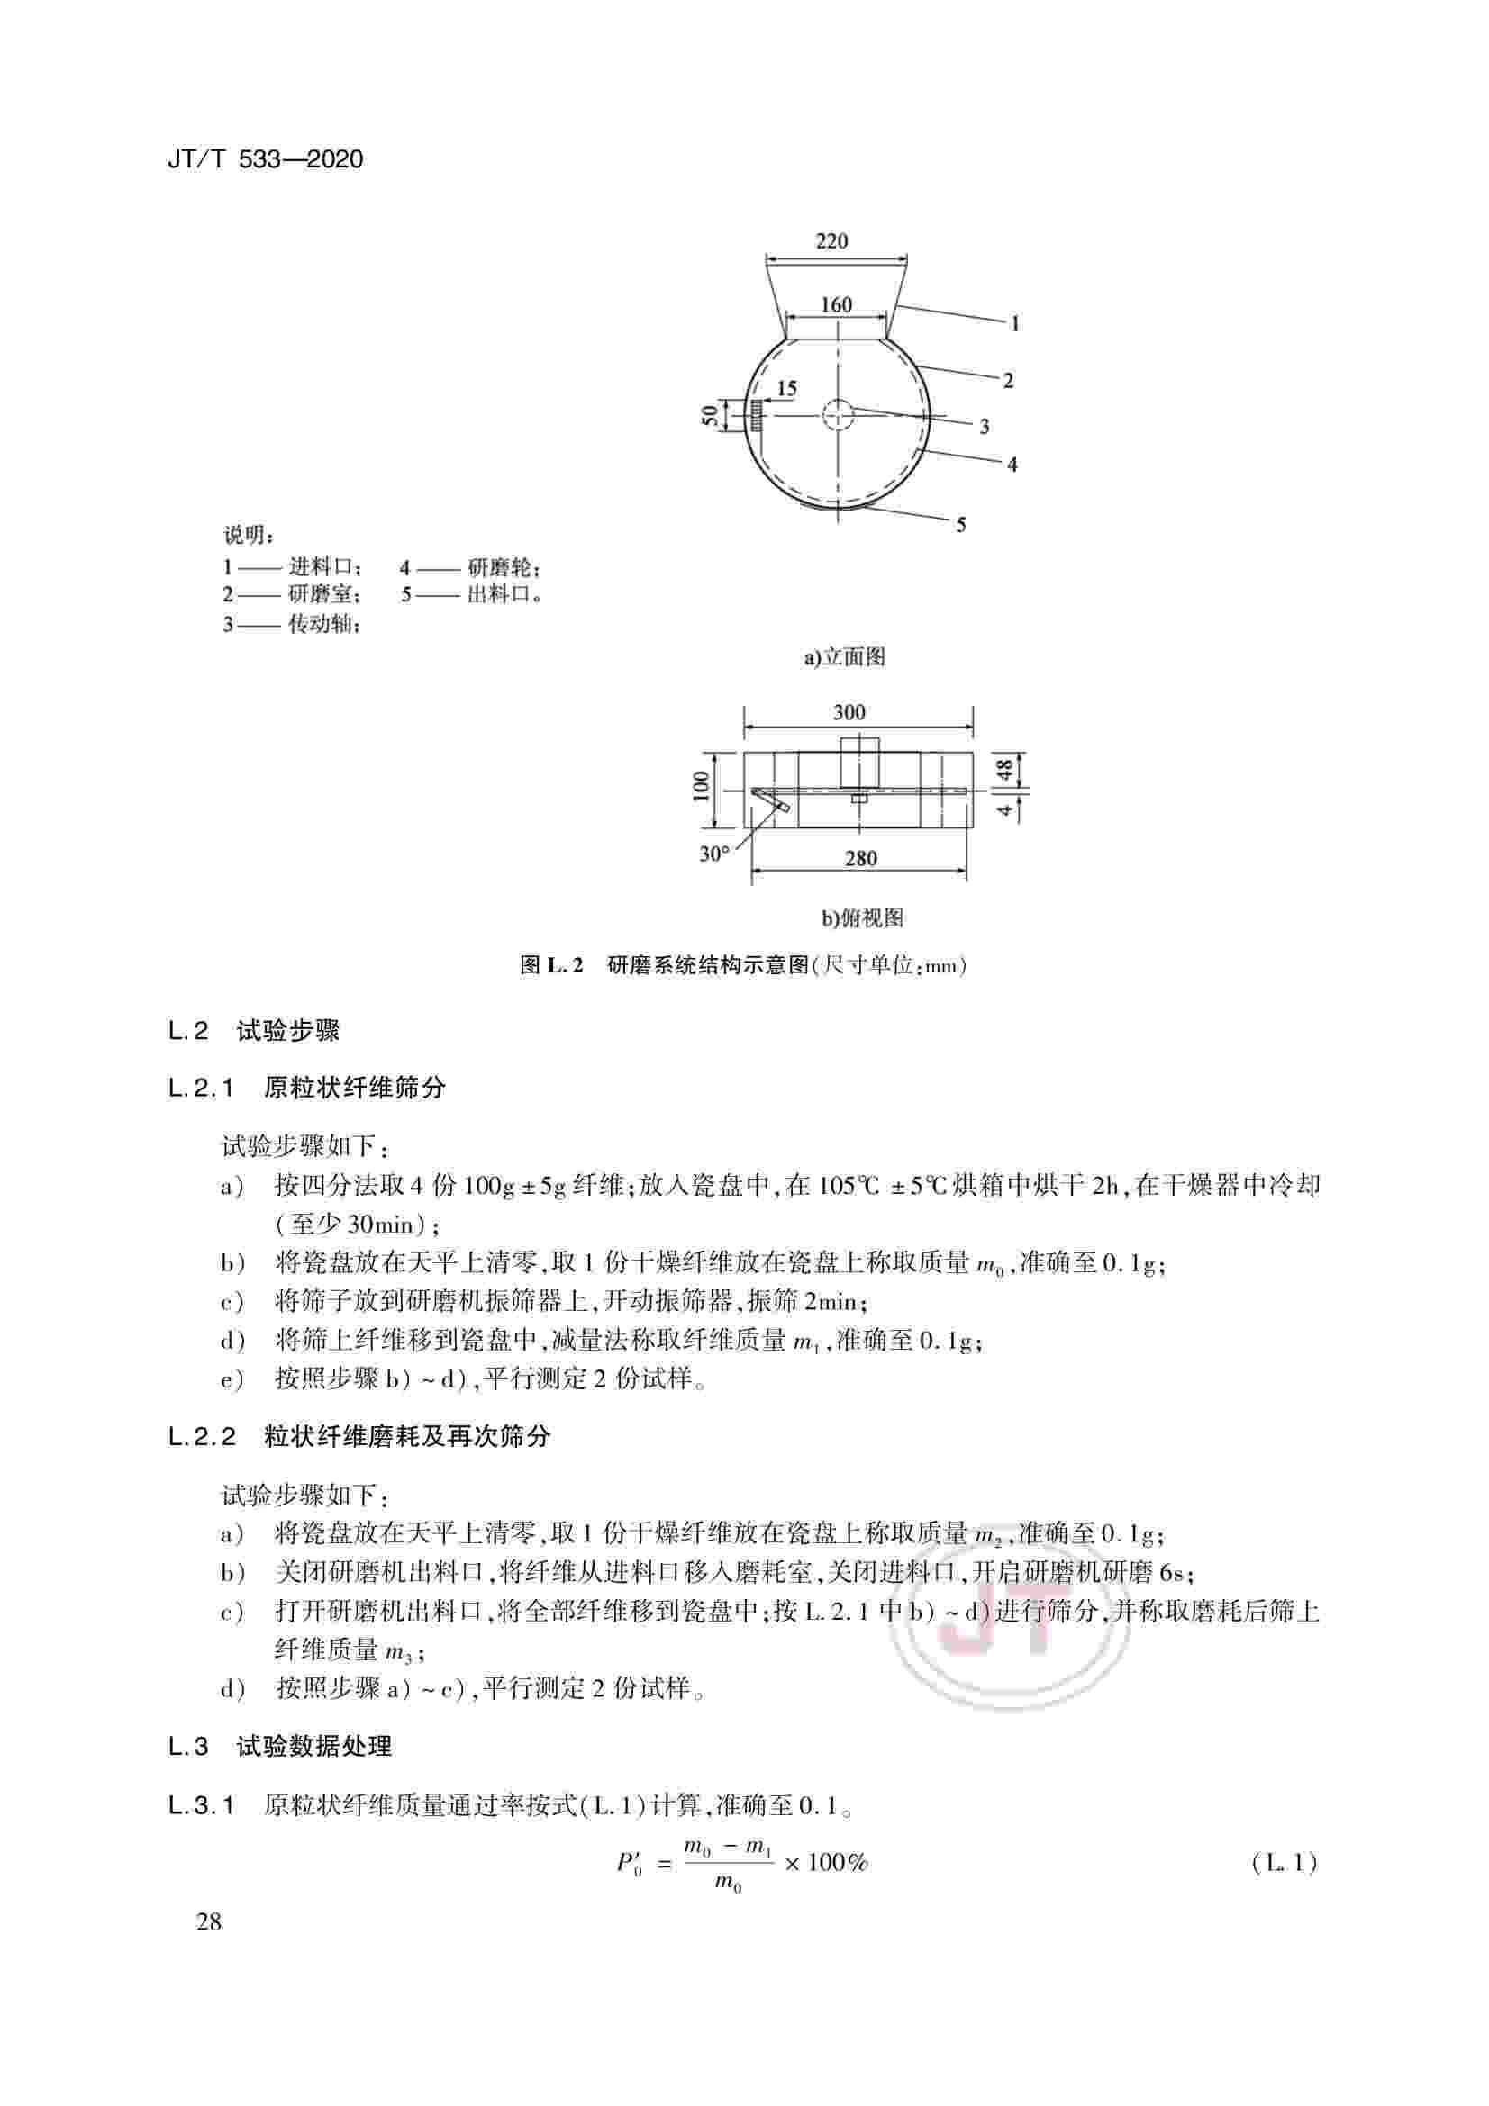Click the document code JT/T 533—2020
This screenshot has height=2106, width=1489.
(265, 159)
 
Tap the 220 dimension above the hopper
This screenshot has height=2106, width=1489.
(831, 241)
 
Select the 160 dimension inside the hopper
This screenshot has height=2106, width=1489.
(836, 304)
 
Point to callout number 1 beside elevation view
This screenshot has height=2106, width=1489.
(1014, 324)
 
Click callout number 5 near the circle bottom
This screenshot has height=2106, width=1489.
(960, 526)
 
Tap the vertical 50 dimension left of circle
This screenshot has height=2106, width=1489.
(709, 415)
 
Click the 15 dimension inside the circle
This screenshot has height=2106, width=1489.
(786, 389)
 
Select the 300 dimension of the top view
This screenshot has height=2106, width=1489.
(849, 713)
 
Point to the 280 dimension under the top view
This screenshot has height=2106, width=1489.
(860, 860)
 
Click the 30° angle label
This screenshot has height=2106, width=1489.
(714, 854)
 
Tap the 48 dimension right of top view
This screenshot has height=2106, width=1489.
(1007, 769)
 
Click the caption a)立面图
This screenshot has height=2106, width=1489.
(844, 656)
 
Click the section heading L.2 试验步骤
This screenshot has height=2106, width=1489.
(254, 1031)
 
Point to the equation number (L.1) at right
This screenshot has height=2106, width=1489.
(1285, 1863)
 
